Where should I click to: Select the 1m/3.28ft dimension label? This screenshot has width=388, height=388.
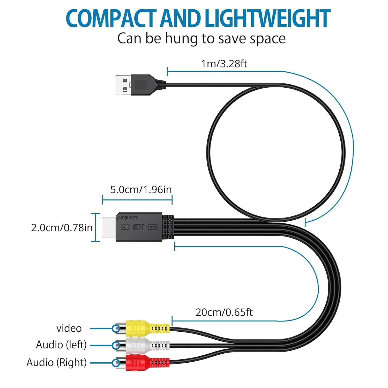224,64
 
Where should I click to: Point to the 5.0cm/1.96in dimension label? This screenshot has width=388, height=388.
141,190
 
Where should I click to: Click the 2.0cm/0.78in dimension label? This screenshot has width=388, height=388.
62,228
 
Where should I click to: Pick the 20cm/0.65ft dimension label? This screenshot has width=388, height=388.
224,312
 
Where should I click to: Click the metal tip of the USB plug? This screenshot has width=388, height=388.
123,85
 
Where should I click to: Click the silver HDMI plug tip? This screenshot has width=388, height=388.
109,227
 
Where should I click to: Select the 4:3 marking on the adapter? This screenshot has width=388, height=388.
125,227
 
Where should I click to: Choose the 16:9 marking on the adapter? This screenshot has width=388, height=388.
153,227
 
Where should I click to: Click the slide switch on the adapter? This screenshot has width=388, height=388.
139,227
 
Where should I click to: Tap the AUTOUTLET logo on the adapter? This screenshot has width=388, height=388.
127,218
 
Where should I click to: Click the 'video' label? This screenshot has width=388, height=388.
69,328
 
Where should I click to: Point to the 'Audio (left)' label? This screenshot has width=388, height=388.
61,345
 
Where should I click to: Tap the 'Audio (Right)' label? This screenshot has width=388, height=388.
57,362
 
